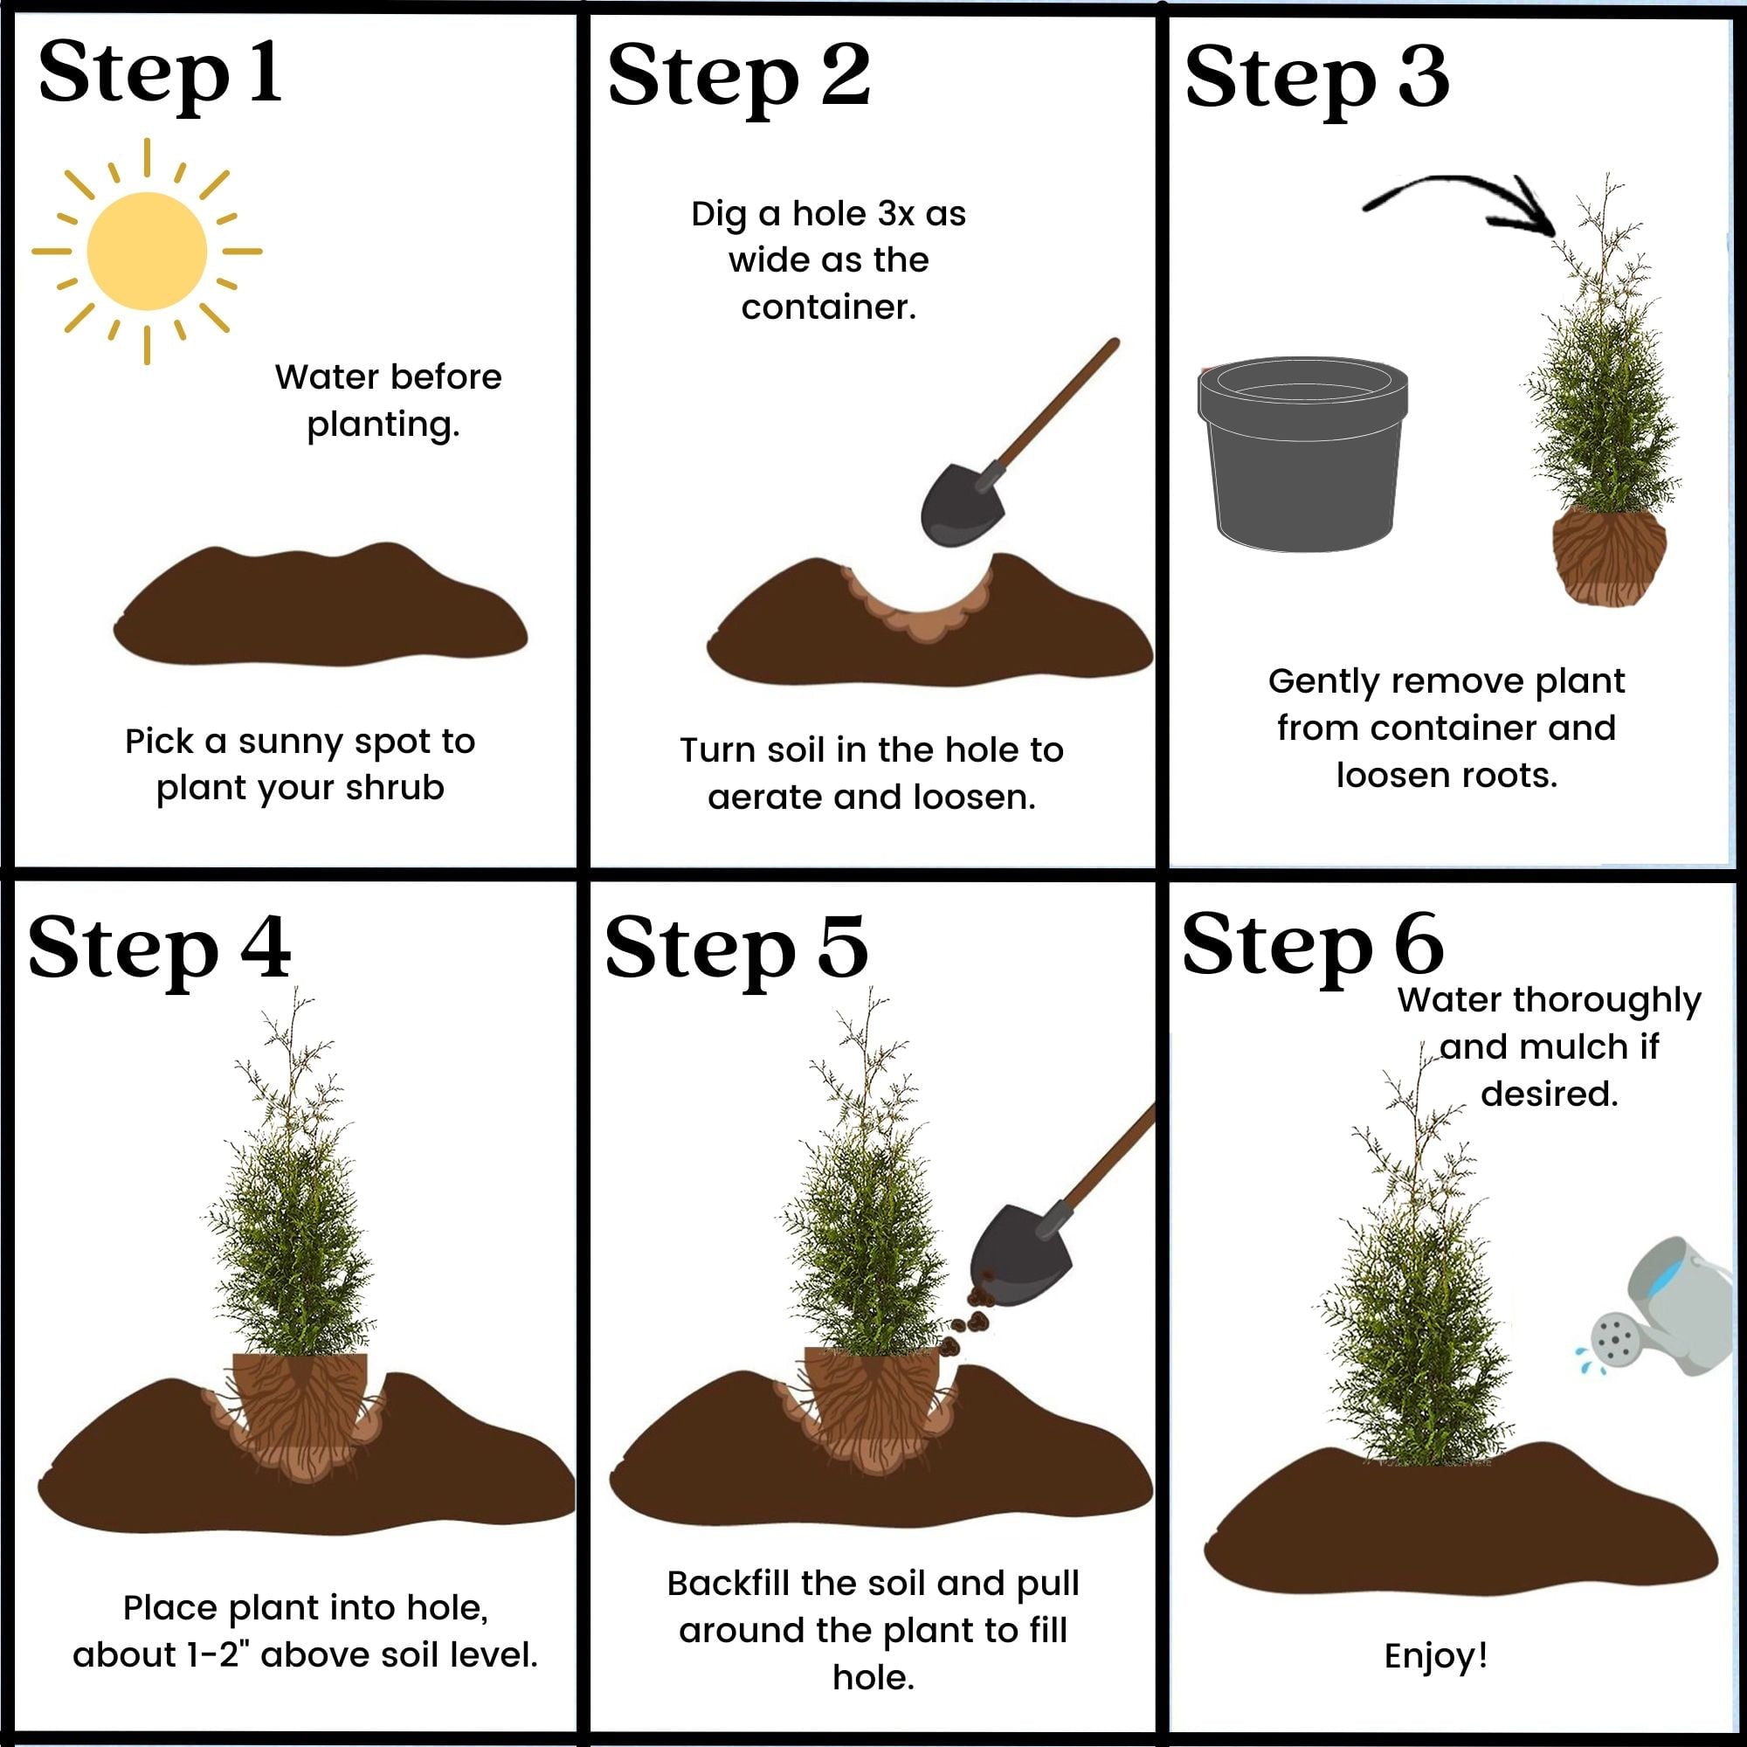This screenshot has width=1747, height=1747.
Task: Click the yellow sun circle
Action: point(147,251)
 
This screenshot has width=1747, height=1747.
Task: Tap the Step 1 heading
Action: point(159,74)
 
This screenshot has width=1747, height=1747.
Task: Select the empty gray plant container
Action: point(1302,452)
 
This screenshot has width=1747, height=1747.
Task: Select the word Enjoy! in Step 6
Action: point(1435,1655)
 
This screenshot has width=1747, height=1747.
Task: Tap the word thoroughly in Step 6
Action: point(1606,1000)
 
